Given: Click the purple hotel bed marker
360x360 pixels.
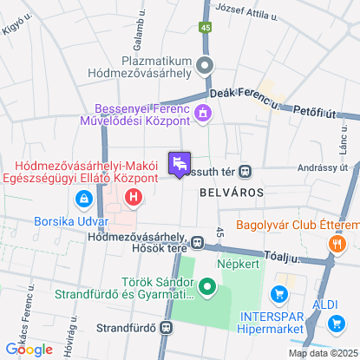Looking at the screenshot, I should [x=180, y=163].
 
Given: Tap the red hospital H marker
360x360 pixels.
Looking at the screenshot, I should [x=133, y=199].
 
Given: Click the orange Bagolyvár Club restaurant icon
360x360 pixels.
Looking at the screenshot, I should [x=335, y=245].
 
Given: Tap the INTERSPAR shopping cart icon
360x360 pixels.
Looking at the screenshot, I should [x=278, y=294].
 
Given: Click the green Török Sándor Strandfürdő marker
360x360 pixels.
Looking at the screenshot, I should [x=206, y=286].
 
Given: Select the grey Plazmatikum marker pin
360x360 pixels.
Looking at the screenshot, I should [x=206, y=64].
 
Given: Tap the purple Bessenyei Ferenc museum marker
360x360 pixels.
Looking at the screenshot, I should [x=203, y=112].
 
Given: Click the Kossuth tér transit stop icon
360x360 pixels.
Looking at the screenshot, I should [x=245, y=171].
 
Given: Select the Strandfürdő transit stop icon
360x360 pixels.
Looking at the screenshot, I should [x=165, y=327].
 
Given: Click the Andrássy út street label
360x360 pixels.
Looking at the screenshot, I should [x=322, y=168].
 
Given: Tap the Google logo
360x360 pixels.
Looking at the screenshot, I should [x=29, y=349].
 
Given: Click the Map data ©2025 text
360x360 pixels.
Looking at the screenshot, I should [x=322, y=353].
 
